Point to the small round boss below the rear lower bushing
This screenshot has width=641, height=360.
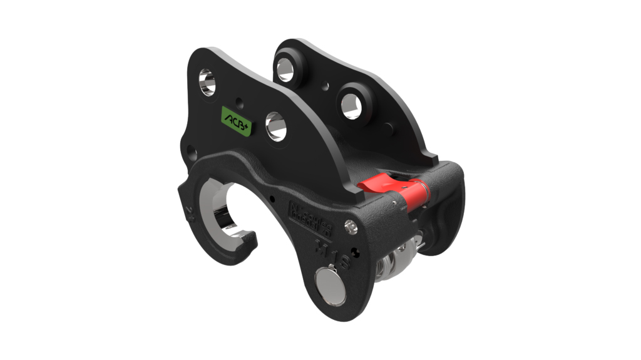coord(389,131)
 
